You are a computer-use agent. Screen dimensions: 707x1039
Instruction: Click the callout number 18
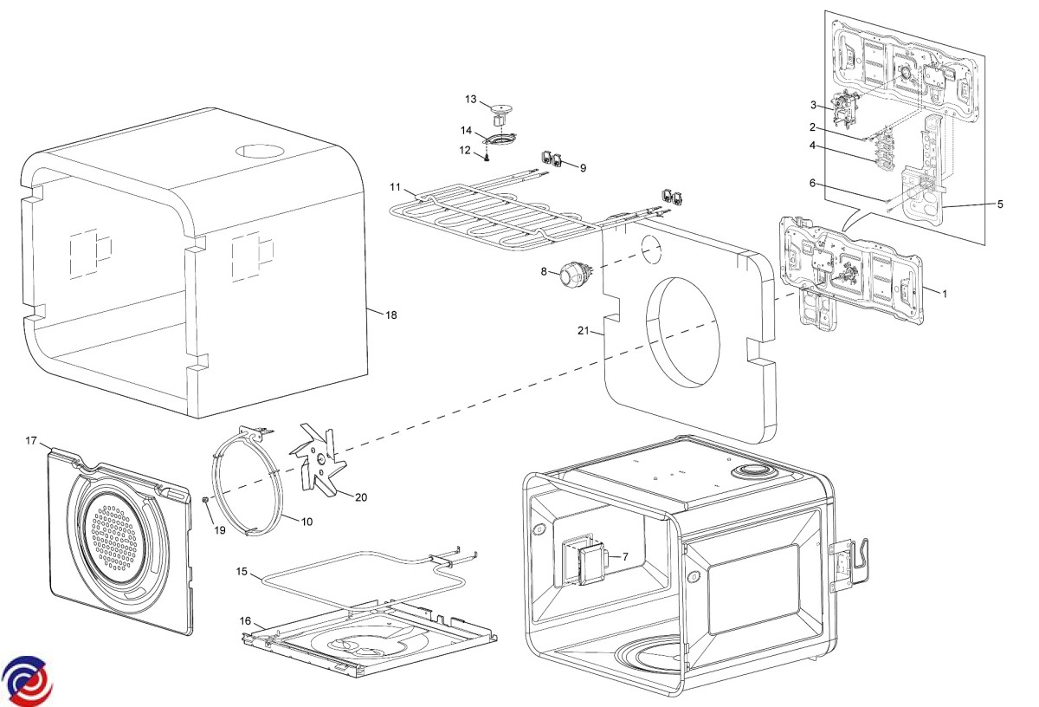tap(391, 315)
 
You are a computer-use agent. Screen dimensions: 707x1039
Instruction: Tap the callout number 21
tap(584, 330)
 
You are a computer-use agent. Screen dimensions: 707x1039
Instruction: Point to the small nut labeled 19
tap(205, 501)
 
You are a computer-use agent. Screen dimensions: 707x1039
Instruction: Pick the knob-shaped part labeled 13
tap(500, 109)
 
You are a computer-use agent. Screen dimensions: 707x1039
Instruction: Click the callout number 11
tap(396, 187)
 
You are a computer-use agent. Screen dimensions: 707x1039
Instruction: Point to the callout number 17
tap(31, 441)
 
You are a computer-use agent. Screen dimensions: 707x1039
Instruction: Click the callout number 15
tap(242, 573)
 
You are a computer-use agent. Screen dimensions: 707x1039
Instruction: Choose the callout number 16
tap(245, 620)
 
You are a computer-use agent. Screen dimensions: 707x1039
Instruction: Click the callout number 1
tap(945, 294)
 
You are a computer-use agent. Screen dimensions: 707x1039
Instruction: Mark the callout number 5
tap(1000, 204)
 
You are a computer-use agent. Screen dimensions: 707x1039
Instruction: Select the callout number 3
tap(813, 105)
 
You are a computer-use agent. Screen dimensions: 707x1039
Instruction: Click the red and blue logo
tap(26, 678)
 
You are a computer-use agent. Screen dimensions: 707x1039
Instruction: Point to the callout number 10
tap(307, 521)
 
